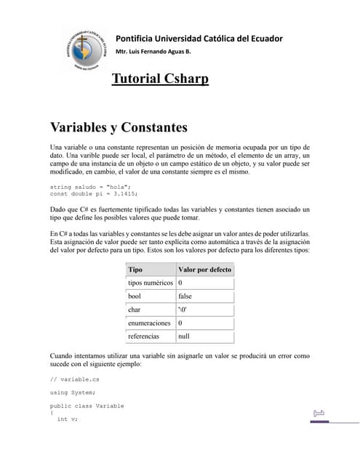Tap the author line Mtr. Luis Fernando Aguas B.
tap(153, 52)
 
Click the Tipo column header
tap(135, 269)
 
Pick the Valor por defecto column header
tap(204, 269)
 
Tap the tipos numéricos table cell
tap(150, 283)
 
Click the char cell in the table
tap(134, 310)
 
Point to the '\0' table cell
tap(183, 310)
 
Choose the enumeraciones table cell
tap(149, 323)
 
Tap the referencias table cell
tap(143, 336)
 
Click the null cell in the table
tap(183, 336)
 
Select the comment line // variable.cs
tap(75, 379)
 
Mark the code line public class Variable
tap(87, 405)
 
